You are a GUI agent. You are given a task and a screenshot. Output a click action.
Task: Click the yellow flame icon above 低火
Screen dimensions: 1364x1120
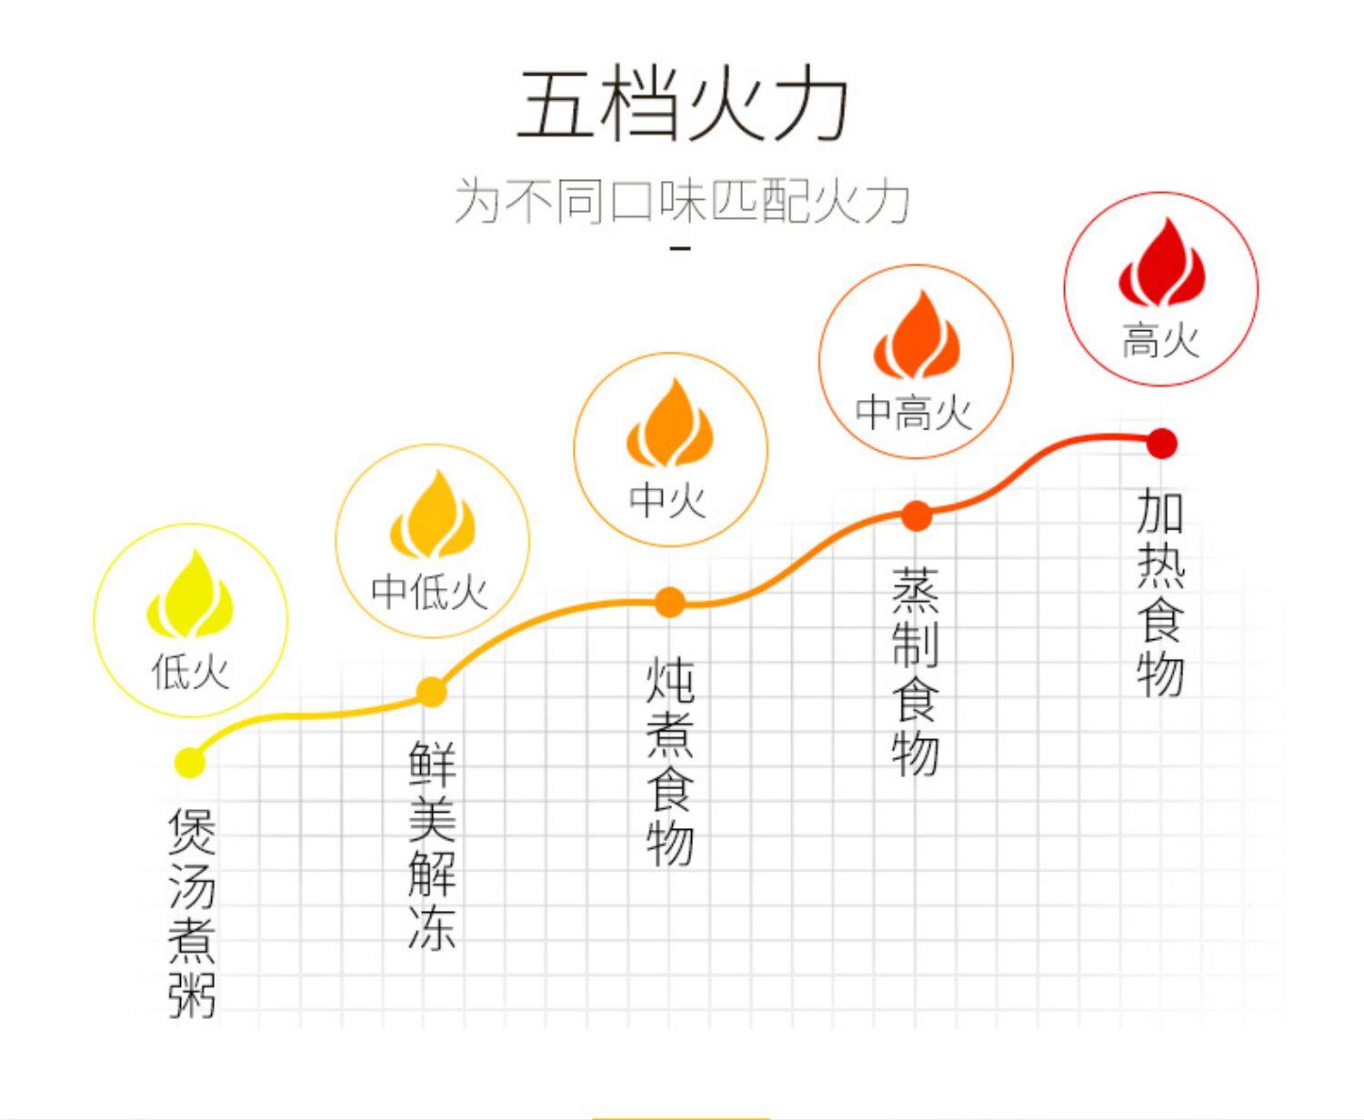click(x=191, y=595)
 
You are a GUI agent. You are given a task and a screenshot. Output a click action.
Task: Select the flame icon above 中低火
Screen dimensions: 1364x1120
click(x=433, y=515)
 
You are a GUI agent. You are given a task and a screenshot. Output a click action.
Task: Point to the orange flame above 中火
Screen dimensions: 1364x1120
click(x=670, y=424)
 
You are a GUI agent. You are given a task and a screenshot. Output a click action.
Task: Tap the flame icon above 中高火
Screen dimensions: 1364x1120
click(x=916, y=335)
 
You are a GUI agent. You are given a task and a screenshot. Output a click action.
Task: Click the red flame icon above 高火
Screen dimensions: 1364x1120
click(x=1161, y=264)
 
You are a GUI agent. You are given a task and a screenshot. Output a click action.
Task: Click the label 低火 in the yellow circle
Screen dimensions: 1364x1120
click(x=191, y=673)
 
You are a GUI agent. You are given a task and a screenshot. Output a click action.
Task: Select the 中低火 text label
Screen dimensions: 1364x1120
click(x=431, y=593)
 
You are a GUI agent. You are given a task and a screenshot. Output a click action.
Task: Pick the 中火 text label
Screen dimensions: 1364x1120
click(x=668, y=499)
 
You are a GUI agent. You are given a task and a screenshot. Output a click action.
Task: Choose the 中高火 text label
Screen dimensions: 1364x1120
click(x=914, y=413)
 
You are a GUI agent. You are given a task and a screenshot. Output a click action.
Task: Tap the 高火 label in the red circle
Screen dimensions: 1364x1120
click(x=1160, y=342)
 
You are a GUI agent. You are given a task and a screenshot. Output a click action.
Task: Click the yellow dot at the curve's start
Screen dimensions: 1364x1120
click(x=190, y=762)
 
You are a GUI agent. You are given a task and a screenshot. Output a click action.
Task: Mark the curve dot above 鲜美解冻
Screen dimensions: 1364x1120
click(x=432, y=692)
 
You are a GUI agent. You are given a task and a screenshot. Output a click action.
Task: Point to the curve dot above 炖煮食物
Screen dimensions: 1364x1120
click(x=670, y=602)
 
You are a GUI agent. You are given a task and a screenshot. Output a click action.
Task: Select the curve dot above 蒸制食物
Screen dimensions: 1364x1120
click(x=917, y=515)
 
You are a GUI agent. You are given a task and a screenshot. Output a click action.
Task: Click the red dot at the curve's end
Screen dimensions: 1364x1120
click(x=1161, y=444)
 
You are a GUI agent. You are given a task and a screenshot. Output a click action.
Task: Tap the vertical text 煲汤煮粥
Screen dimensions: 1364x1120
click(x=192, y=913)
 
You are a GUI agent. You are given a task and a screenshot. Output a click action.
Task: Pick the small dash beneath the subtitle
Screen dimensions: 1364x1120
click(x=680, y=247)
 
